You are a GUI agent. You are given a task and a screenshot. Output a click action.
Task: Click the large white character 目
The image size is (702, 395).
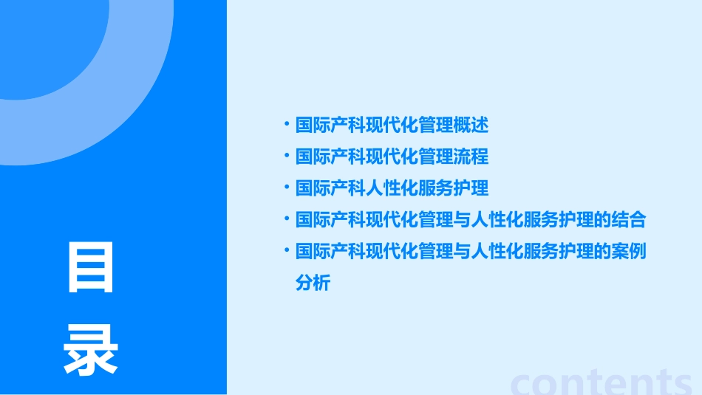click(x=91, y=268)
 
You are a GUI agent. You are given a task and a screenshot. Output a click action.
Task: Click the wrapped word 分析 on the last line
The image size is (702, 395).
click(x=313, y=283)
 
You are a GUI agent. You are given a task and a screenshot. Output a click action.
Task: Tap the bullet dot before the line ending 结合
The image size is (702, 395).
click(x=287, y=219)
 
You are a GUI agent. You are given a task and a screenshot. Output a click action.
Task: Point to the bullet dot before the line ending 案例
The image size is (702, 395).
click(x=287, y=250)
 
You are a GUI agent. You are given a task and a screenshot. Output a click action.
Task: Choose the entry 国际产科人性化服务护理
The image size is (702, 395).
click(x=392, y=188)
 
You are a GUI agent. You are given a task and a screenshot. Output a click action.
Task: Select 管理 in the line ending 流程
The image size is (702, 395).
click(x=435, y=157)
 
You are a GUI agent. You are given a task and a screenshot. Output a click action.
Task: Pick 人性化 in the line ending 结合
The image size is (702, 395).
click(x=496, y=219)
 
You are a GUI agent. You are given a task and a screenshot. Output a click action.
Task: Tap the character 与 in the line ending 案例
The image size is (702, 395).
click(x=461, y=251)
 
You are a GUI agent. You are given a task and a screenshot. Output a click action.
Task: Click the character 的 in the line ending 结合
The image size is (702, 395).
click(x=602, y=219)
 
